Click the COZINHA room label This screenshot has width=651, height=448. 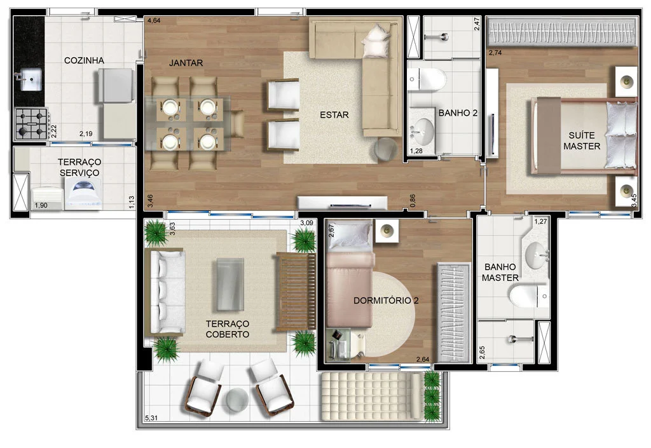(84, 60)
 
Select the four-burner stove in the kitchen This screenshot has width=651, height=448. (31, 123)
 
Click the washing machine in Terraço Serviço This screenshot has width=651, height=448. (85, 193)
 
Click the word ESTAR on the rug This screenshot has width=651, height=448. (334, 115)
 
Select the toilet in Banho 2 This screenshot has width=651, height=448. (426, 80)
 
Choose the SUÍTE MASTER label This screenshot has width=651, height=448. (582, 141)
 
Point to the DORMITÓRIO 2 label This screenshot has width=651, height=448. (386, 301)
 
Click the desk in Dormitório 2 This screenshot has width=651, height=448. (338, 344)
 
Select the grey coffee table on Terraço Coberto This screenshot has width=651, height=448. (230, 285)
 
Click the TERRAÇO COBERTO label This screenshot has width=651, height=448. (228, 329)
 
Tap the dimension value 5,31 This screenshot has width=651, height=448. (151, 418)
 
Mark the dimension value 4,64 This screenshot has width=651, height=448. (154, 20)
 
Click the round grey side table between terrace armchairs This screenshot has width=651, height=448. (237, 400)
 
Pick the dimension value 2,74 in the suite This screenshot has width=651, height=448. (495, 53)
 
